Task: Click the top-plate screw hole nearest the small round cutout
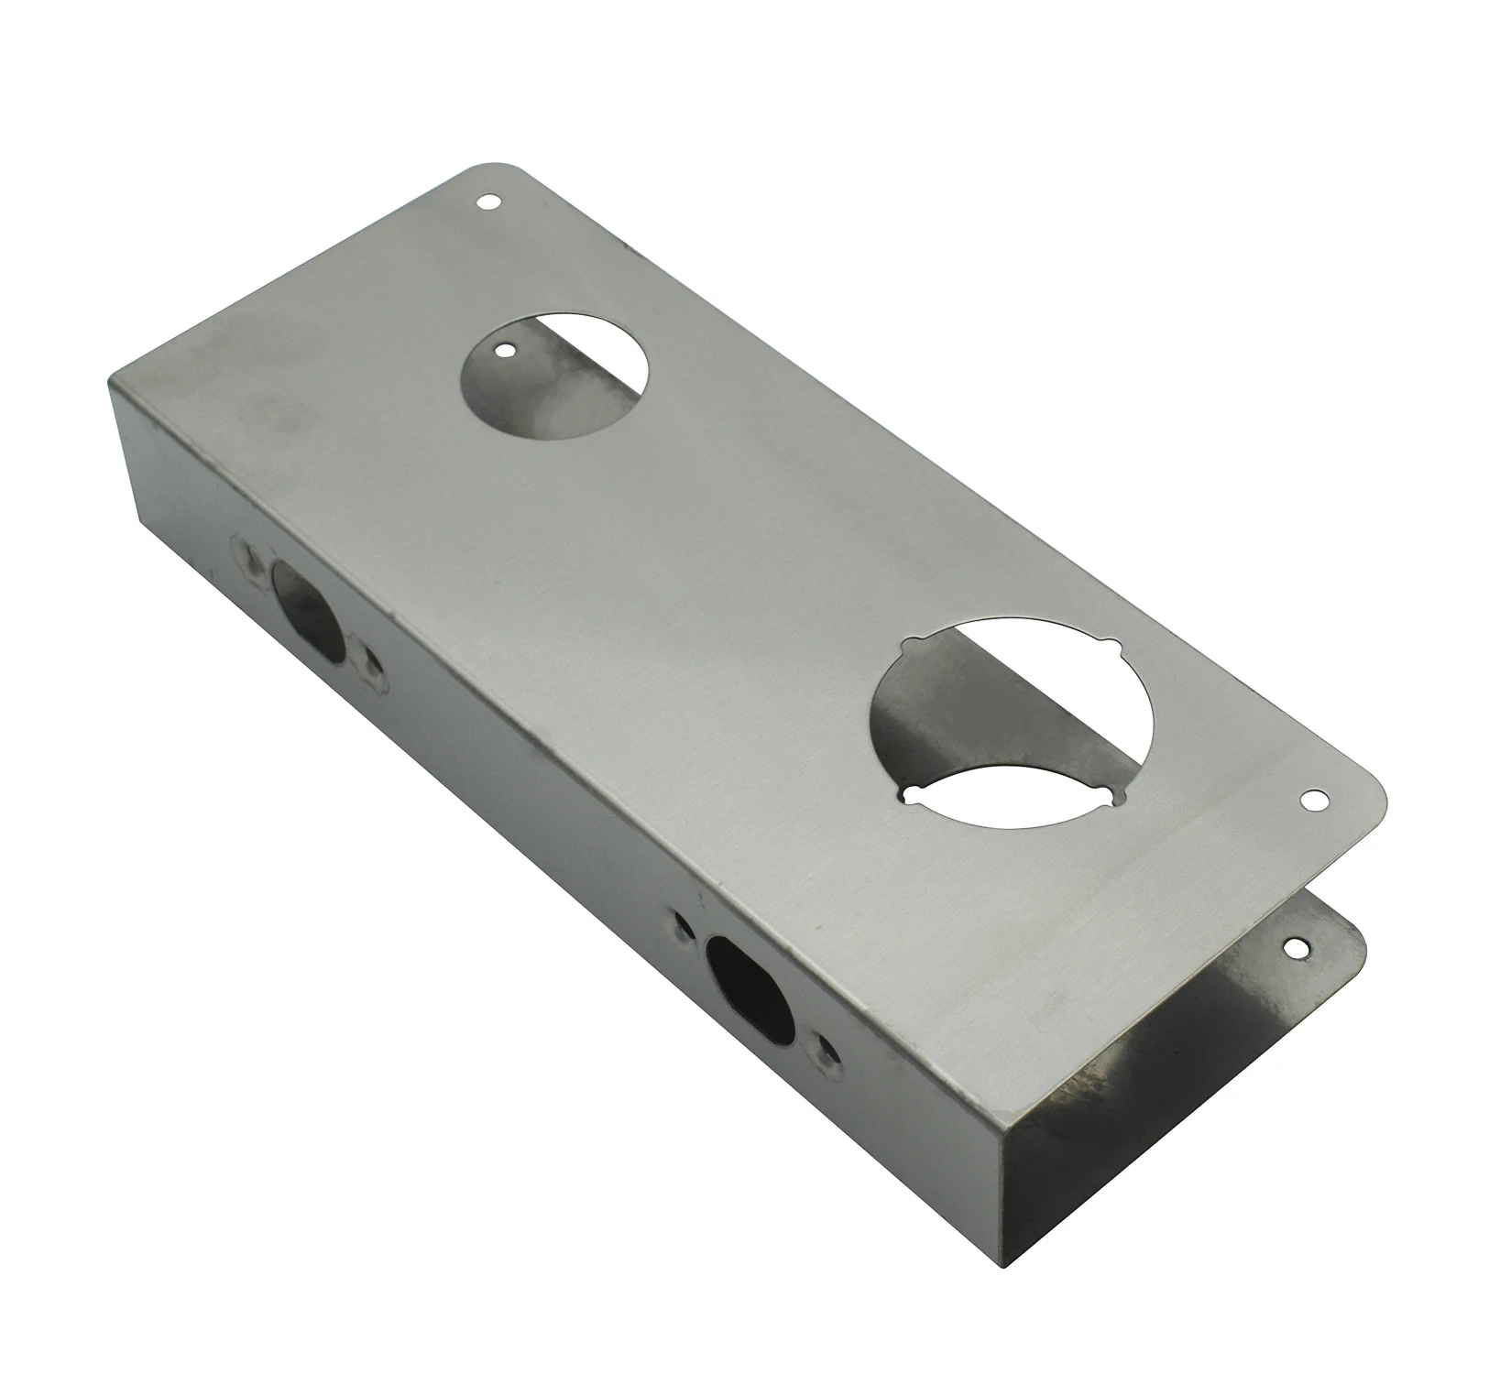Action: [x=487, y=201]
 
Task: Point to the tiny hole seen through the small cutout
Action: [x=503, y=348]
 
